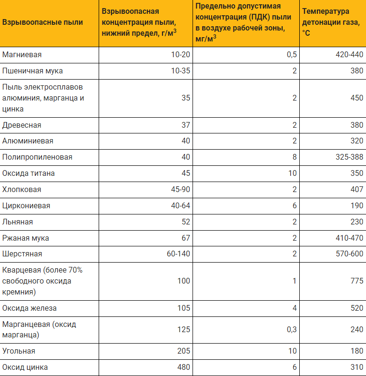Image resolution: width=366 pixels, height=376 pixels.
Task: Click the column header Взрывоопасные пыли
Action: [42, 22]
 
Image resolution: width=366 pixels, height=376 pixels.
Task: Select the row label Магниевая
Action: [22, 54]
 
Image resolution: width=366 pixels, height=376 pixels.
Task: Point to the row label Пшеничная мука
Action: [32, 71]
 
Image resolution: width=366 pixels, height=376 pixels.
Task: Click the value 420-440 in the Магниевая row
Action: [349, 54]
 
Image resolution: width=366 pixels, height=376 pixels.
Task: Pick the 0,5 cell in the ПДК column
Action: [292, 54]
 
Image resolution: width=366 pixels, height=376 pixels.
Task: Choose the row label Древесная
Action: [22, 125]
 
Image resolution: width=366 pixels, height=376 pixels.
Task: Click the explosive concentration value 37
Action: [185, 125]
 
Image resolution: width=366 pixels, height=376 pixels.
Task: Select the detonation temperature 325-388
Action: [349, 157]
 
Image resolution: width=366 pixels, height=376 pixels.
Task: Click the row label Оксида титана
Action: [29, 173]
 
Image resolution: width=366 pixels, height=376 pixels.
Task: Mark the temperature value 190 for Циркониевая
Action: [356, 205]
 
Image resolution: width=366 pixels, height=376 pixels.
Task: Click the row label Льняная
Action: [18, 222]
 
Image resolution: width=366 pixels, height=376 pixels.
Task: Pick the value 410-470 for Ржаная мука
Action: [349, 238]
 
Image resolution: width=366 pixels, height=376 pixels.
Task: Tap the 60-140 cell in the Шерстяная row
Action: [178, 254]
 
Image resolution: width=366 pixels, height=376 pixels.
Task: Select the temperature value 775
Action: [356, 281]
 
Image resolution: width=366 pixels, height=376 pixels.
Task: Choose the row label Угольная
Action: [19, 351]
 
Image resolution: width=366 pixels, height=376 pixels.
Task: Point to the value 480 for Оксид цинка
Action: [183, 367]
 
